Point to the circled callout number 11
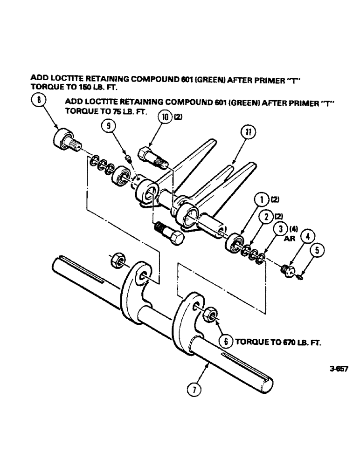(x=246, y=134)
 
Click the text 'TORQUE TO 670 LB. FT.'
(x=279, y=341)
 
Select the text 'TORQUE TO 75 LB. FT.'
(x=100, y=112)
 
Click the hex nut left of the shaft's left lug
(x=117, y=261)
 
